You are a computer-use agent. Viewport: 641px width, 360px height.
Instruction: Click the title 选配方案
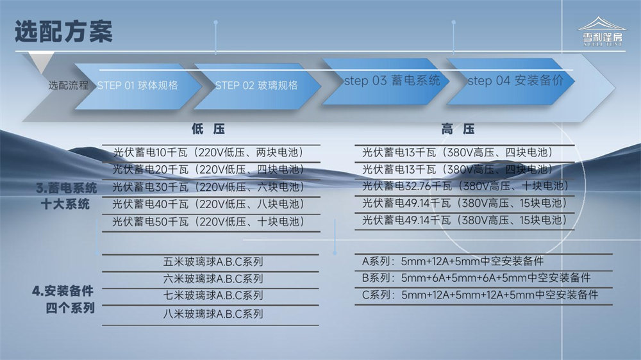pyautogui.click(x=63, y=31)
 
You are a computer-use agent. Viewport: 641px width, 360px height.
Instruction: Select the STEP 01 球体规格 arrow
pyautogui.click(x=138, y=86)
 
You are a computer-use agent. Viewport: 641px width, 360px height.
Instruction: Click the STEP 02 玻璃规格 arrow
pyautogui.click(x=257, y=86)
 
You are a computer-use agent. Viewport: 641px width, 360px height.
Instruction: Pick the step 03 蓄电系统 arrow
pyautogui.click(x=385, y=81)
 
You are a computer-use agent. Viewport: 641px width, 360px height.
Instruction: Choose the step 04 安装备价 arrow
pyautogui.click(x=511, y=81)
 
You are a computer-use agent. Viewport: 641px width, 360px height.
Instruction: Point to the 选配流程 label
pyautogui.click(x=69, y=85)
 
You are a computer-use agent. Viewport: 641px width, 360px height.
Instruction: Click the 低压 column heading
pyautogui.click(x=208, y=129)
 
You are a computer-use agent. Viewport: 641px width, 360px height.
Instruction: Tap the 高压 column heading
pyautogui.click(x=458, y=129)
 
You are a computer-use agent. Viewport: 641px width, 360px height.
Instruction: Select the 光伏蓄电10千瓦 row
pyautogui.click(x=208, y=152)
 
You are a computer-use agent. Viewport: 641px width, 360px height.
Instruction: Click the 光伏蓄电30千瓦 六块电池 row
pyautogui.click(x=208, y=187)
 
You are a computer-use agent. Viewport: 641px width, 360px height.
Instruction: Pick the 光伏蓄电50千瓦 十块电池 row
pyautogui.click(x=208, y=222)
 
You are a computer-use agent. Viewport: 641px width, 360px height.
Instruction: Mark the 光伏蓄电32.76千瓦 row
pyautogui.click(x=465, y=186)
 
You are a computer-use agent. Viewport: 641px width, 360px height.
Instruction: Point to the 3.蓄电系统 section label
pyautogui.click(x=67, y=188)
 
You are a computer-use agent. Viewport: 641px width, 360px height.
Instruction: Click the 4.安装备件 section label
pyautogui.click(x=63, y=291)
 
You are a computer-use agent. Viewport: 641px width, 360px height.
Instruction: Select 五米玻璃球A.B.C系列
pyautogui.click(x=213, y=261)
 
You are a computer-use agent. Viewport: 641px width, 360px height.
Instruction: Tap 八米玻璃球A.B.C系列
pyautogui.click(x=213, y=314)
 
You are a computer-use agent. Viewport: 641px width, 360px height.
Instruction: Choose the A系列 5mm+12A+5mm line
pyautogui.click(x=453, y=261)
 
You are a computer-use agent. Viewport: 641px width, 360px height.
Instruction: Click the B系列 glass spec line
pyautogui.click(x=476, y=278)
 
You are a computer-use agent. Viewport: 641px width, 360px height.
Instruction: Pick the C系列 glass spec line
pyautogui.click(x=480, y=295)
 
